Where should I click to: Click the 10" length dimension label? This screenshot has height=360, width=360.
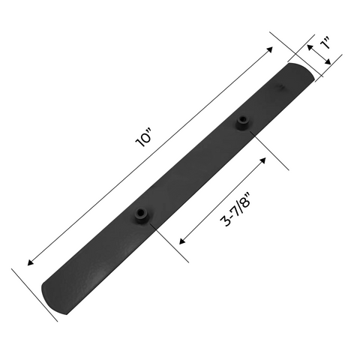pos(144,138)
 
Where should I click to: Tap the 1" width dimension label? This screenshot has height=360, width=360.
pos(325,43)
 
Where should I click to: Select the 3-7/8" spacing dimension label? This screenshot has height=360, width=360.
pos(235,209)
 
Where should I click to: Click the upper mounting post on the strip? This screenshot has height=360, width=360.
pos(243,123)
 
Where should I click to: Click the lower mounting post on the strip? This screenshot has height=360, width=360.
pos(141,215)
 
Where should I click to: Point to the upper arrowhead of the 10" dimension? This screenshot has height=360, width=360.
pos(270,49)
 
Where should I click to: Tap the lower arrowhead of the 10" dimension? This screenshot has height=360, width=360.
pos(30,262)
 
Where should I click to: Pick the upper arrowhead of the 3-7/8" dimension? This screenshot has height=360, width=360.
pos(263,160)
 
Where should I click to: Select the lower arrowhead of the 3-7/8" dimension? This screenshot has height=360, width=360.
pos(182,241)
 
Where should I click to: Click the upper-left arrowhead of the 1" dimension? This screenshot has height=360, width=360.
pos(310,47)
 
